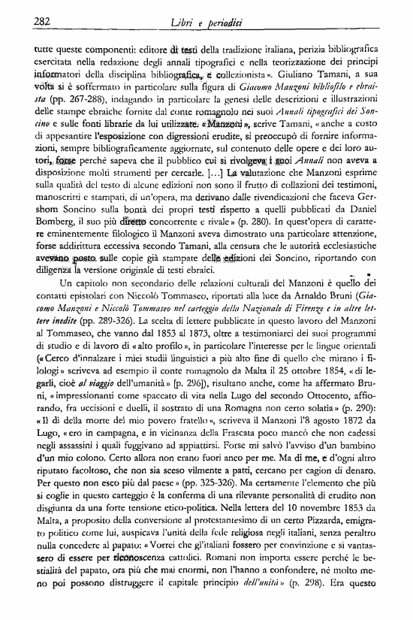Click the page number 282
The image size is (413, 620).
coord(42,22)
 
